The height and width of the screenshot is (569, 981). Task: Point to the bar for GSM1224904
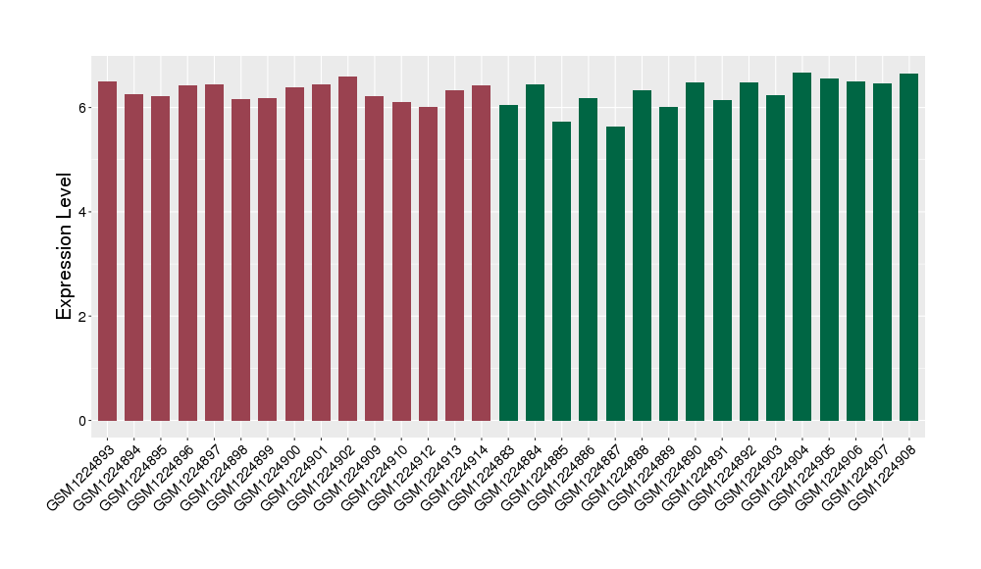(802, 246)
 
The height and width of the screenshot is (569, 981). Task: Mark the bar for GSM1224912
(428, 264)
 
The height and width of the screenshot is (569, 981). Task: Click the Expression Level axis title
(65, 246)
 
